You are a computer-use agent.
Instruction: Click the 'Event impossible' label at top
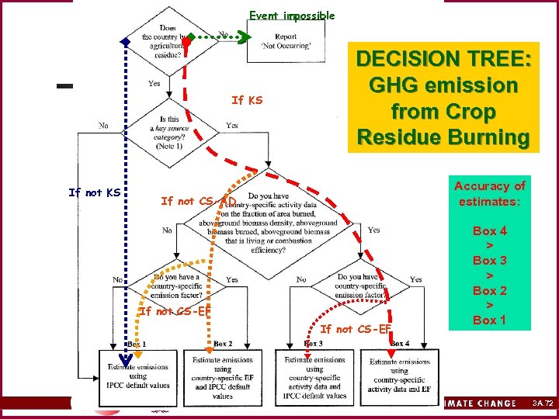coord(291,16)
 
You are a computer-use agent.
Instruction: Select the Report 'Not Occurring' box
coord(285,41)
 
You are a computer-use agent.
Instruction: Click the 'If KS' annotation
coord(247,100)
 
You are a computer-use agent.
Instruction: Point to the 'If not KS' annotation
coord(94,192)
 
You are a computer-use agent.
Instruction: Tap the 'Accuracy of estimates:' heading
coord(489,192)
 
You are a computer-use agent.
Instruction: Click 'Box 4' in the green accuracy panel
coord(489,230)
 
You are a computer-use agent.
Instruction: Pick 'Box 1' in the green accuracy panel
coord(489,320)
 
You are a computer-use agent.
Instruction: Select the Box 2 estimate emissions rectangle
coord(221,376)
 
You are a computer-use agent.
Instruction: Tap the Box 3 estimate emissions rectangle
coord(314,376)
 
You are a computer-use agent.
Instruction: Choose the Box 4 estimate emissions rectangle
coord(399,376)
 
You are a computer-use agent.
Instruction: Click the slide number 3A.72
coord(543,403)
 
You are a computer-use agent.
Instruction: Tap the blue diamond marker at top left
coord(123,42)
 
